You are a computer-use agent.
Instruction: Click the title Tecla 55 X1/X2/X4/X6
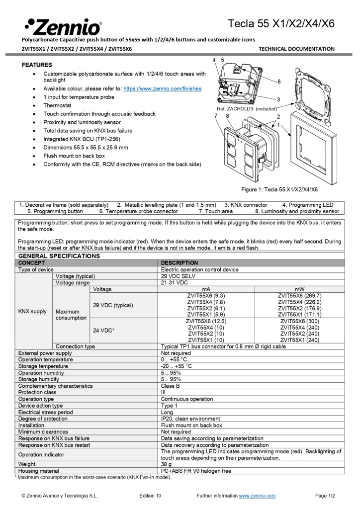(281, 23)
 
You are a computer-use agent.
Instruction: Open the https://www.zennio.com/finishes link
(162, 88)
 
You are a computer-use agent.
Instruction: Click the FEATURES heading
(37, 65)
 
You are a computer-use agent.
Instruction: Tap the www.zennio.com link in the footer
(257, 496)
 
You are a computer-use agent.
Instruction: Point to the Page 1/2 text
(325, 496)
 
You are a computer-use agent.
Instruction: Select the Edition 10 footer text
(150, 496)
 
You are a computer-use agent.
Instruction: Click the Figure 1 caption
(279, 189)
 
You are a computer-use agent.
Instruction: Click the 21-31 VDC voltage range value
(174, 282)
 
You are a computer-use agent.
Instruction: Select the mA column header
(206, 289)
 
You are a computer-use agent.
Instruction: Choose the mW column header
(300, 289)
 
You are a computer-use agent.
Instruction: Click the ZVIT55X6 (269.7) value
(300, 295)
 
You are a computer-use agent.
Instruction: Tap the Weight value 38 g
(167, 464)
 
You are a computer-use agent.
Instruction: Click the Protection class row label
(37, 392)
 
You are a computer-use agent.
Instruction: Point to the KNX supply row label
(32, 311)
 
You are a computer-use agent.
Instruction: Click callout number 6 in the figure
(279, 81)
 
